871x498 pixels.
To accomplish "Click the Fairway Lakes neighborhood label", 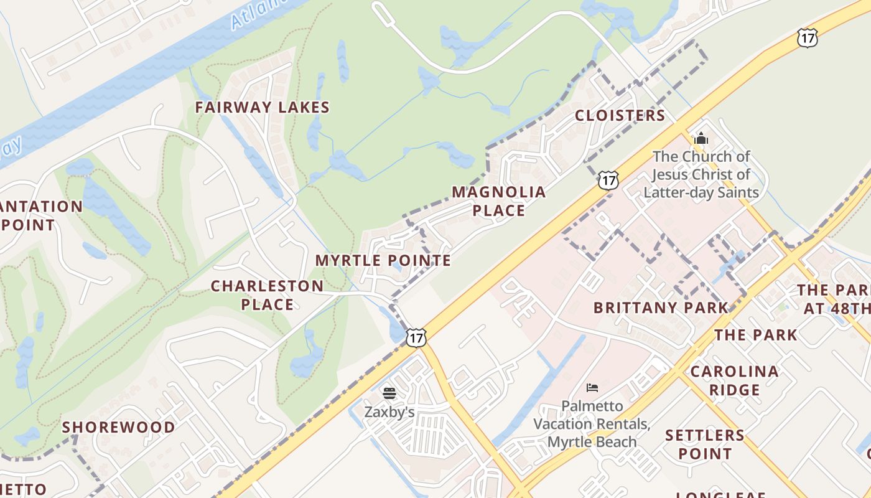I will [x=262, y=108].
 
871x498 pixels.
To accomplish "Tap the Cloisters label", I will [x=620, y=116].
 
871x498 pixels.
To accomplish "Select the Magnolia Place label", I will [x=498, y=201].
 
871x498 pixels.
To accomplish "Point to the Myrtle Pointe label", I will [x=383, y=261].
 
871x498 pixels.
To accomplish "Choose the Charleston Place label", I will [x=267, y=295].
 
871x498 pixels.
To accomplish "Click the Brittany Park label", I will [x=660, y=308].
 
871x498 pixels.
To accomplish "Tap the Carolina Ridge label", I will [x=734, y=380].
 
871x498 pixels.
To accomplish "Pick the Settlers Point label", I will [x=704, y=444].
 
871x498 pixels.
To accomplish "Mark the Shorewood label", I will [x=118, y=428].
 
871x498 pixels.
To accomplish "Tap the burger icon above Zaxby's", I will [x=389, y=393].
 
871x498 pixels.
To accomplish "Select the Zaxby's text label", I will [x=389, y=412].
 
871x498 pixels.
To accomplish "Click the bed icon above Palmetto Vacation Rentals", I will [x=592, y=388].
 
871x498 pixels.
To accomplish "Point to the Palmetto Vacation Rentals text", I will [x=592, y=424].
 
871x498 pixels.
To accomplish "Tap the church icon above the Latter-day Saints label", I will [x=701, y=138].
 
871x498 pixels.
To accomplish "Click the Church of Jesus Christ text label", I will [x=701, y=174].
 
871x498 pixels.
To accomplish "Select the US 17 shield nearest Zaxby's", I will [x=416, y=338].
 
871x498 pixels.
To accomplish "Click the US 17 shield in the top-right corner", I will [x=807, y=38].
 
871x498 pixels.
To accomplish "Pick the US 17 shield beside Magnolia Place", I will [x=608, y=181].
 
